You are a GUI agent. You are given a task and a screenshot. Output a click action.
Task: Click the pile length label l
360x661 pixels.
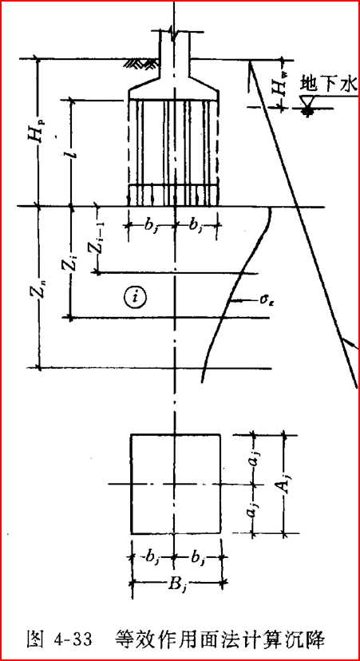click(73, 152)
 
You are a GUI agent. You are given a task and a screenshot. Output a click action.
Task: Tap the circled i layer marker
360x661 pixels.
click(134, 297)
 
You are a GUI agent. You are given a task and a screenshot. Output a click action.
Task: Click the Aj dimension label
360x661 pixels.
click(283, 485)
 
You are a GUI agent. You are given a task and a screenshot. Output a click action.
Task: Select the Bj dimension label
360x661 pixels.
click(176, 583)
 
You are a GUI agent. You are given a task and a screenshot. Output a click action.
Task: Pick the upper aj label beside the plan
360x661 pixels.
click(254, 461)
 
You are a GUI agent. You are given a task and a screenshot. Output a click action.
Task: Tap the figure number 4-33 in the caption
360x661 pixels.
click(73, 639)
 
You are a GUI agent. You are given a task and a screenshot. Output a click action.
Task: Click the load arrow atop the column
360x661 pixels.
click(172, 33)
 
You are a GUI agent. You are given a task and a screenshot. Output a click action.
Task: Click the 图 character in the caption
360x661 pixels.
click(35, 639)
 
